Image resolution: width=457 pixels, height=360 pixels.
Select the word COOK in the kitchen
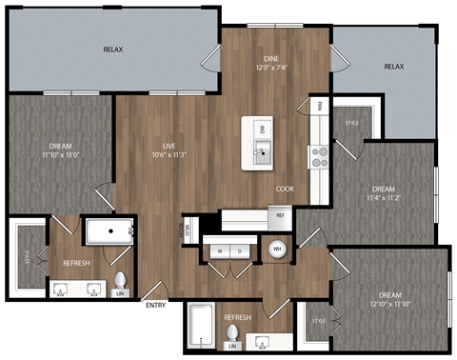[285, 189]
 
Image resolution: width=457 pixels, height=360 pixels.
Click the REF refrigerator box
[281, 216]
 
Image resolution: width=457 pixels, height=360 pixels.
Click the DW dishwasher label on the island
[260, 129]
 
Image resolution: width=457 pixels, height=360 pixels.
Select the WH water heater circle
[277, 250]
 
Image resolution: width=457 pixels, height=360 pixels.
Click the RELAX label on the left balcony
[113, 49]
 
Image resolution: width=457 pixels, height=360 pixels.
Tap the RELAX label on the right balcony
[393, 67]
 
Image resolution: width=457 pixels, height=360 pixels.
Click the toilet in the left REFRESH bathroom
[121, 282]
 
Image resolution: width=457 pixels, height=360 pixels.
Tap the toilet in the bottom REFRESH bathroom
[231, 335]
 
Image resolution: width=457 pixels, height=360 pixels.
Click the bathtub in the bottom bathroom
[201, 325]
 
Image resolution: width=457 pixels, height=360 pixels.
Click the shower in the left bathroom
[109, 231]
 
